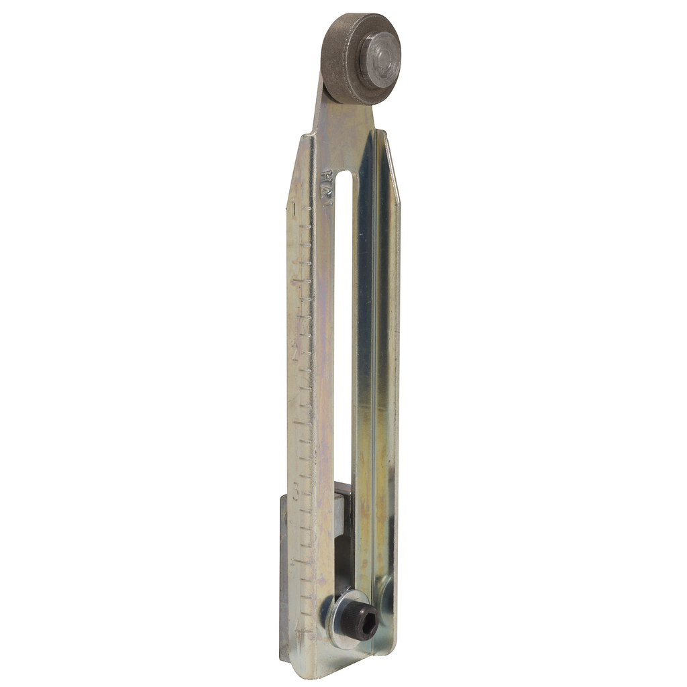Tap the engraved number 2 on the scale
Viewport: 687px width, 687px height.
point(295,348)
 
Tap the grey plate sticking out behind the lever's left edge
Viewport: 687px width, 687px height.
point(284,577)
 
